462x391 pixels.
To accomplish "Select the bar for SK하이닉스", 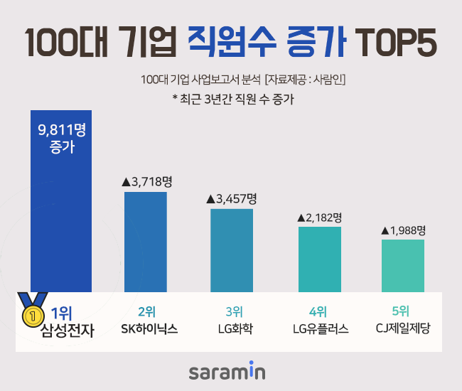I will [x=146, y=242].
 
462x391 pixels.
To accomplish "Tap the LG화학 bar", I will [x=232, y=250].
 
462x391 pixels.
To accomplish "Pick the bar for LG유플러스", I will [x=319, y=259].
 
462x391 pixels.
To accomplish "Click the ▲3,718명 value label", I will [x=146, y=182].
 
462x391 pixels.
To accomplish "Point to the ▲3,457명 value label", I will [x=232, y=198].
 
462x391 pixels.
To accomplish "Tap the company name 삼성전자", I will [x=68, y=330].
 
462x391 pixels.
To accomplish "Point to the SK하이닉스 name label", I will [x=146, y=329].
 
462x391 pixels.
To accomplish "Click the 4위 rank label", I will [x=318, y=311].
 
